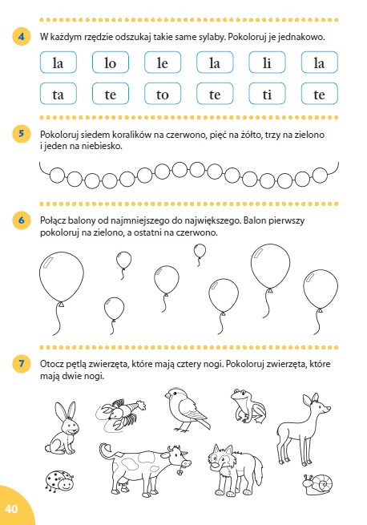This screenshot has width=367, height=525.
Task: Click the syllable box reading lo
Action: [110, 63]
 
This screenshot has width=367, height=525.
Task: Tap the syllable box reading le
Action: [163, 63]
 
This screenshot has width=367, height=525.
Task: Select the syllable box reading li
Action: [267, 63]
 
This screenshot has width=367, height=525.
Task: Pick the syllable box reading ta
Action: [58, 94]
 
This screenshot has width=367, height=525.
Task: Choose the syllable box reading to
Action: [163, 94]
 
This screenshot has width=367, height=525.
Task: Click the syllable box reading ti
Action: [267, 94]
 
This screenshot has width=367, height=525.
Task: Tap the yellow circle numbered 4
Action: [22, 36]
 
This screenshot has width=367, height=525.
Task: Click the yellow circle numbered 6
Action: [22, 220]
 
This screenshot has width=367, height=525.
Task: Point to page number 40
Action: [11, 509]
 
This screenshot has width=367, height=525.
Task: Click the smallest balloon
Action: [200, 251]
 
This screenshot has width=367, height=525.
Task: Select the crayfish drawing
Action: [120, 415]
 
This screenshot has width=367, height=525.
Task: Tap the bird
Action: [188, 410]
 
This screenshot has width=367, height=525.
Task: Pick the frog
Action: [248, 406]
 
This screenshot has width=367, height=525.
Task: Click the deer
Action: [302, 430]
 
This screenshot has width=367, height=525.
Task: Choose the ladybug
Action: [59, 481]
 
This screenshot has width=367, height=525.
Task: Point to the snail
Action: [317, 484]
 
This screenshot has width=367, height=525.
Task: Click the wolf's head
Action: [221, 457]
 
